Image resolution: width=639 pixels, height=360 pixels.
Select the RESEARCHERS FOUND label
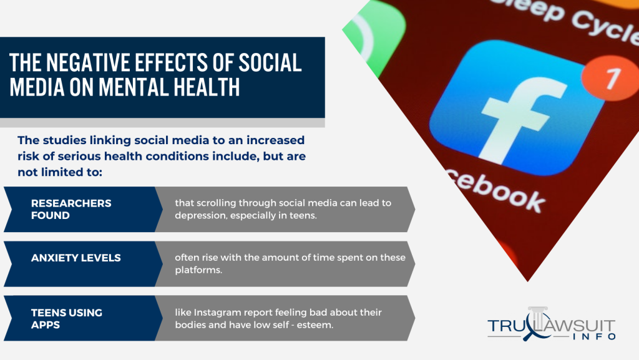(71, 209)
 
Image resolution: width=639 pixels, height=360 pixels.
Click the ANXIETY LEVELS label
(76, 258)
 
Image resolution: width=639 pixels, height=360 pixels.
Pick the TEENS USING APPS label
(66, 319)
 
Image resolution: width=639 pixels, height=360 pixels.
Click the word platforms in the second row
(198, 270)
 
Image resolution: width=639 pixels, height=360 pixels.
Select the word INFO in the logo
(594, 337)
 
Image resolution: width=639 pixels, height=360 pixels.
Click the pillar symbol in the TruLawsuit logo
(538, 318)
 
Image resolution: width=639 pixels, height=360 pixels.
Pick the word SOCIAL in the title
(270, 62)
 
